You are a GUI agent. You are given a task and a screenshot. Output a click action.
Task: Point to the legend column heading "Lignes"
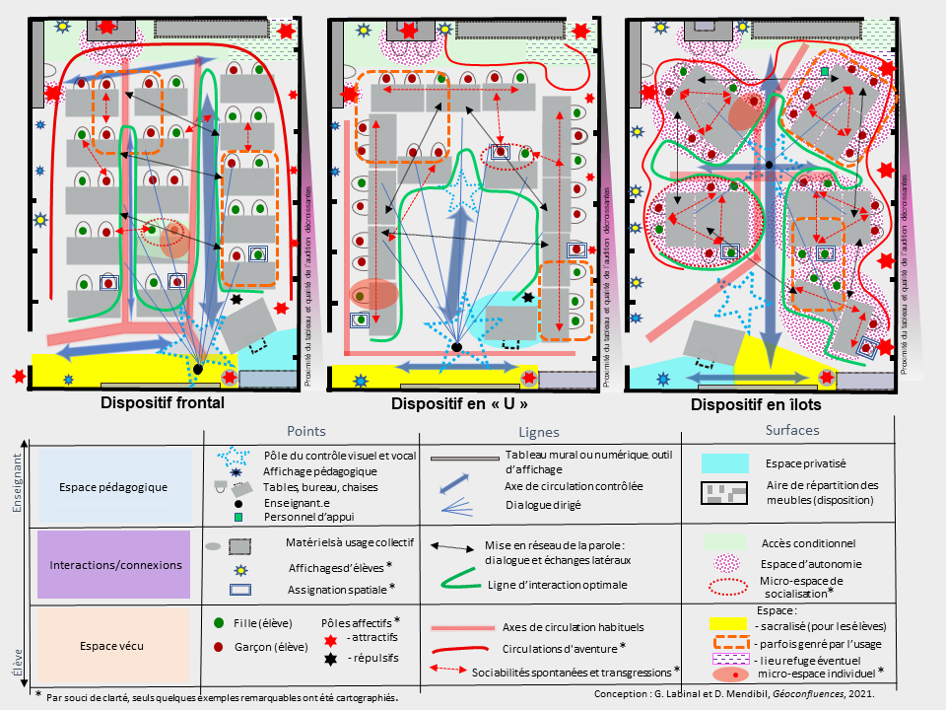click(x=539, y=432)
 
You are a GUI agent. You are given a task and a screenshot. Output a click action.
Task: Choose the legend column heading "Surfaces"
click(x=797, y=431)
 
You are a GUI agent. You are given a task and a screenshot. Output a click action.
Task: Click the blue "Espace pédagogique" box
click(x=112, y=487)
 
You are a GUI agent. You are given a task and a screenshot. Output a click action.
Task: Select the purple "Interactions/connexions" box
click(x=112, y=564)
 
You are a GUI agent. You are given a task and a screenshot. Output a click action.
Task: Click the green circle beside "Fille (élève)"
click(x=219, y=623)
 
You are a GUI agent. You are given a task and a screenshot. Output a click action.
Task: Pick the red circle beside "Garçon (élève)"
click(x=219, y=647)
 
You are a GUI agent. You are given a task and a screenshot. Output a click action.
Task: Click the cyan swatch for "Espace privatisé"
click(x=729, y=462)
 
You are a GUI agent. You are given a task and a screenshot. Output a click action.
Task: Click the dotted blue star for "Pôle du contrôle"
click(x=231, y=457)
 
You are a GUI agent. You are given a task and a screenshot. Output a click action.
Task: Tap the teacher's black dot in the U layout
click(x=455, y=348)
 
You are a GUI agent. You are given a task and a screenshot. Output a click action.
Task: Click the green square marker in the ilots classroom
click(x=825, y=71)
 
